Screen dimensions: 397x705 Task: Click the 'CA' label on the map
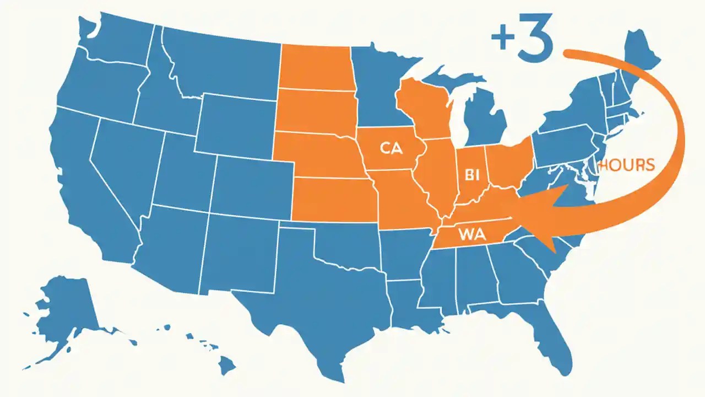click(x=391, y=148)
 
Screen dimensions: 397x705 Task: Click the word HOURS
click(x=627, y=164)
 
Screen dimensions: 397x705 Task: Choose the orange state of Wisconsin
click(x=424, y=108)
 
